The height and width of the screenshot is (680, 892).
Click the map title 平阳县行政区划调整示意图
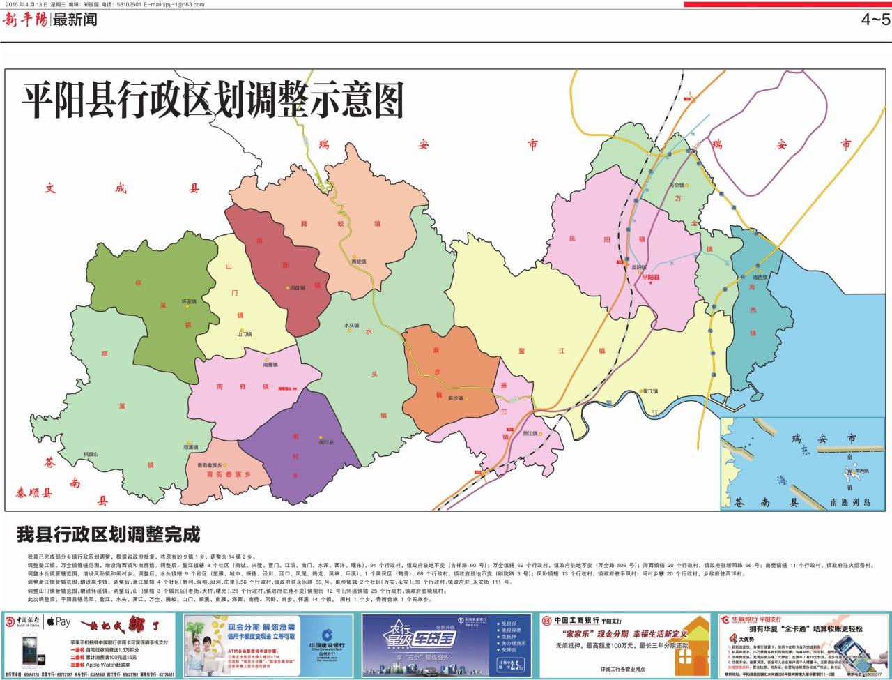point(213,100)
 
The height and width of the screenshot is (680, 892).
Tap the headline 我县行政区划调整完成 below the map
point(108,535)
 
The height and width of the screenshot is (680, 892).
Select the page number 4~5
point(875,20)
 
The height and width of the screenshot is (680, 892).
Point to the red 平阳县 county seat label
point(649,278)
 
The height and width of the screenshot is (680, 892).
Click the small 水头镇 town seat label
point(351,325)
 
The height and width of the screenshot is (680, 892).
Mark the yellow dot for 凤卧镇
point(286,287)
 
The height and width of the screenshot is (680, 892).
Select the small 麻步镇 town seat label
point(455,398)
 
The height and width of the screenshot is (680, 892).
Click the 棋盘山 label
point(91,454)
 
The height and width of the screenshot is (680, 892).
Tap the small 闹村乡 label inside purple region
point(326,442)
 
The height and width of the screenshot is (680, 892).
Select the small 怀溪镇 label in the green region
point(189,301)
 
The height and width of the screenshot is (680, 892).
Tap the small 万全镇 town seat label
point(677,185)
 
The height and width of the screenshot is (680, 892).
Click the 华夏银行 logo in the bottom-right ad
point(743,619)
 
